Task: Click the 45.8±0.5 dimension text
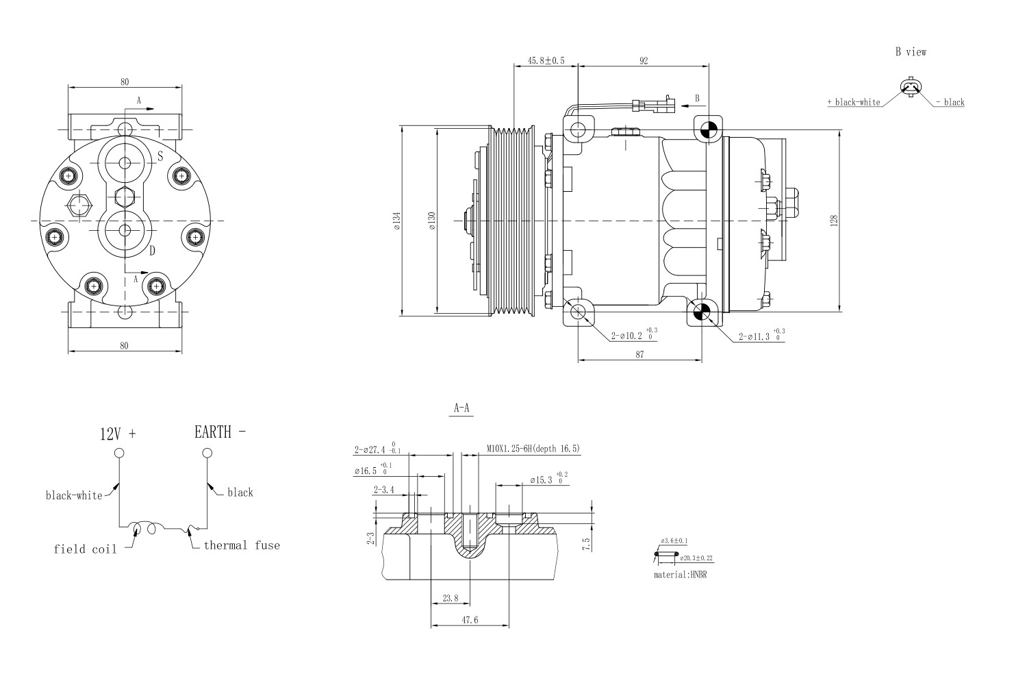coord(546,60)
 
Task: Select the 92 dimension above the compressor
coord(644,60)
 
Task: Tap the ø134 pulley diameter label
coord(396,221)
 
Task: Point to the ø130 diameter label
coord(431,221)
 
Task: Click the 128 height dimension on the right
coord(833,221)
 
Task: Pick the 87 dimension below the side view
coord(639,354)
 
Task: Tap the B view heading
coord(911,52)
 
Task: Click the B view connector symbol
coord(911,87)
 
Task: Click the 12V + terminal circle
coord(119,453)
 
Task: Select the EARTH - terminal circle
coord(207,453)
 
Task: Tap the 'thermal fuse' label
coord(242,546)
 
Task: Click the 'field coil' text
coord(85,549)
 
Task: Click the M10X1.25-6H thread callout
coord(533,449)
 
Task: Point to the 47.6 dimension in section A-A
coord(470,620)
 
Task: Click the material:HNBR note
coord(680,575)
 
